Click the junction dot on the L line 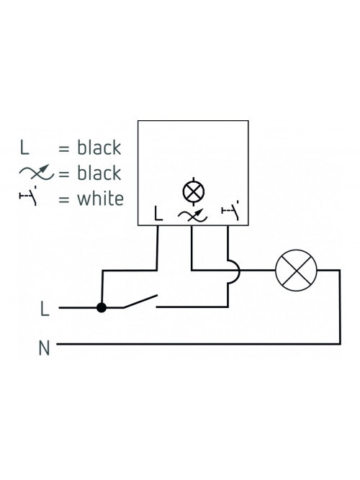pyautogui.click(x=102, y=307)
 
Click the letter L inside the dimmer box pyautogui.click(x=158, y=213)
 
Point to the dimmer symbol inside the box pyautogui.click(x=192, y=215)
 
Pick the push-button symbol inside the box pyautogui.click(x=230, y=211)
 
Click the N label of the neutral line pyautogui.click(x=44, y=348)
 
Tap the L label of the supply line pyautogui.click(x=45, y=308)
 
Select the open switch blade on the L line pyautogui.click(x=140, y=302)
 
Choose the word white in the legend pyautogui.click(x=101, y=199)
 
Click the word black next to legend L pyautogui.click(x=99, y=148)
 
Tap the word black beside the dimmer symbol pyautogui.click(x=99, y=173)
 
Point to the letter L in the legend pyautogui.click(x=24, y=147)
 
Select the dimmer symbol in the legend pyautogui.click(x=37, y=172)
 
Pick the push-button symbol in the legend pyautogui.click(x=29, y=196)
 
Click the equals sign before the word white pyautogui.click(x=64, y=199)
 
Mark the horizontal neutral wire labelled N pyautogui.click(x=199, y=344)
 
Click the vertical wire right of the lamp pyautogui.click(x=339, y=307)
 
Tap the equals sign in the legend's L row pyautogui.click(x=64, y=148)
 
